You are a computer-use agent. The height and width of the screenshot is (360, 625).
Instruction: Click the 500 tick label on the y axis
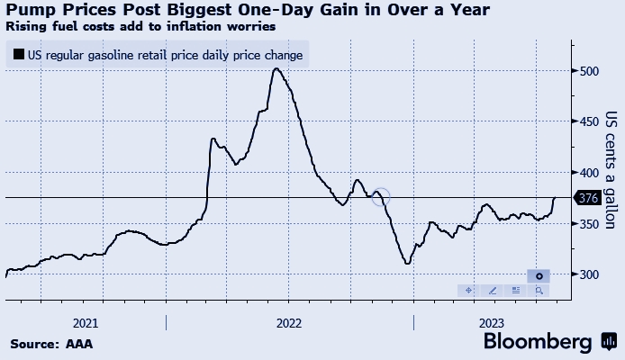(590, 70)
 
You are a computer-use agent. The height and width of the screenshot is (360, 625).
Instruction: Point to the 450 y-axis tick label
(590, 121)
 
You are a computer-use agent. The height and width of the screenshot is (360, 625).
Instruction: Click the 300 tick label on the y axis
(590, 274)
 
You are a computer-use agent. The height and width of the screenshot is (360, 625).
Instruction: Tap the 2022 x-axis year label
(288, 322)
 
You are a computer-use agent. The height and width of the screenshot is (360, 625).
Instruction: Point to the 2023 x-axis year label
(492, 322)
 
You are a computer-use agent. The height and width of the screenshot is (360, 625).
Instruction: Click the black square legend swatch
(18, 55)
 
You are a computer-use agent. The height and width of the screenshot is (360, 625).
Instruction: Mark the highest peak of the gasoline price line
(276, 68)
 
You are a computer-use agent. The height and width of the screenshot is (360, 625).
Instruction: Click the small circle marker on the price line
(381, 195)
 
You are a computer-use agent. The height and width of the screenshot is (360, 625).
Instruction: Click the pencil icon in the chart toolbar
(492, 290)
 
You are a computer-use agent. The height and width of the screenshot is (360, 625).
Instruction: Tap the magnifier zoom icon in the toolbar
(539, 290)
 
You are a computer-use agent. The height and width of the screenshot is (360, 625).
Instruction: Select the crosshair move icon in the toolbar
(468, 290)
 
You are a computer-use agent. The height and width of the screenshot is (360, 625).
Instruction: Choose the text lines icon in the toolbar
(515, 290)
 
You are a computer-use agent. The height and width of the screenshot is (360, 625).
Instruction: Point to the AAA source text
(79, 343)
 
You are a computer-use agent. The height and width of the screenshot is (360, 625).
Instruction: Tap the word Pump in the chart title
(30, 10)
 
